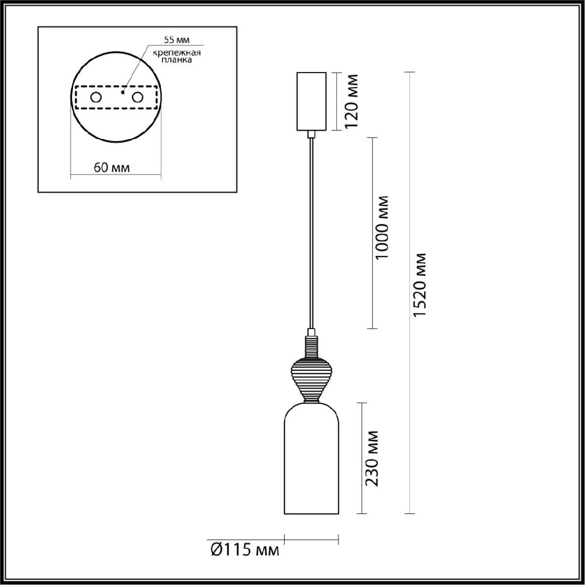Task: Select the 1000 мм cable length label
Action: click(x=384, y=228)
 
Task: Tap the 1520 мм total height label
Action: click(x=420, y=285)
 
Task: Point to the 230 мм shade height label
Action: click(x=372, y=458)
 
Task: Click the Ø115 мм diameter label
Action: click(x=245, y=550)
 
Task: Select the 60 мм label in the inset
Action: click(x=111, y=168)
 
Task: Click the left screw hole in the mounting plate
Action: click(x=96, y=97)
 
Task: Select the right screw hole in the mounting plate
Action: click(x=138, y=97)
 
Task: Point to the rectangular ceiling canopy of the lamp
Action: click(x=311, y=101)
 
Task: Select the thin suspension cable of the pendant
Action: click(x=311, y=234)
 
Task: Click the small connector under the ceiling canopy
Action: click(x=311, y=134)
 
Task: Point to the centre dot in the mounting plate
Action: click(x=123, y=91)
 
